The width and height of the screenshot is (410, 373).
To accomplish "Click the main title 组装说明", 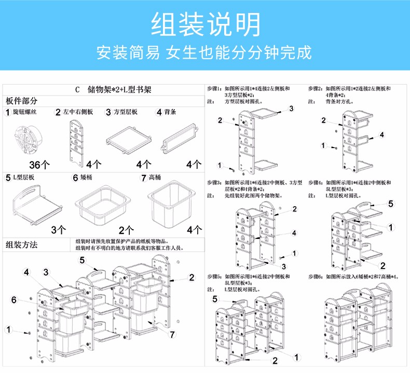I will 205,24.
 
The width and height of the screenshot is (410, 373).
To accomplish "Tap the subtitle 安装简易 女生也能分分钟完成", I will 205,53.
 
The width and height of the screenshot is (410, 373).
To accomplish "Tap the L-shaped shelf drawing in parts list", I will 36,205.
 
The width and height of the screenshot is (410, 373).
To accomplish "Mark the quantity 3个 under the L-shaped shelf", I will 58,229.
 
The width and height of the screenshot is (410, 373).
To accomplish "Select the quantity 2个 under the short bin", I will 126,229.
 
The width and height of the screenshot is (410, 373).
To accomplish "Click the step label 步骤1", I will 214,89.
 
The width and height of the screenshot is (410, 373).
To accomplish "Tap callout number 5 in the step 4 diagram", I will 391,204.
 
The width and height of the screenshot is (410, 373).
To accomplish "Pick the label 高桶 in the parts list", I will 155,177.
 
